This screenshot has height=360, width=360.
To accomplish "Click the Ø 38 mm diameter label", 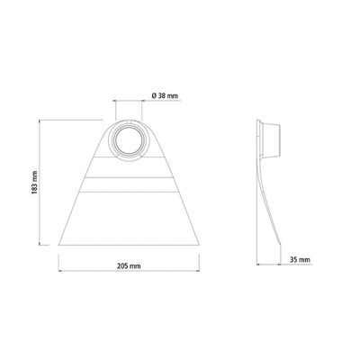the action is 165,96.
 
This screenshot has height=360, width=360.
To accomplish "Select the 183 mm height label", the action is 34,183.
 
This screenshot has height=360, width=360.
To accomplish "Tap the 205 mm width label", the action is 129,265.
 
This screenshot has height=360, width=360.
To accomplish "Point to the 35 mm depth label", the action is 300,260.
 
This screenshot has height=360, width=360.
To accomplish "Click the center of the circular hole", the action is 129,140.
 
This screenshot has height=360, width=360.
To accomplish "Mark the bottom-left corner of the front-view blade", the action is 58,245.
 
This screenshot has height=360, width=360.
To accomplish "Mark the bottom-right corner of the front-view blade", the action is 199,245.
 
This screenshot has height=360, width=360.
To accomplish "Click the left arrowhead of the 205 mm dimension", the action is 59,271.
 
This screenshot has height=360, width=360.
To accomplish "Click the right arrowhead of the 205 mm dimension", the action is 198,271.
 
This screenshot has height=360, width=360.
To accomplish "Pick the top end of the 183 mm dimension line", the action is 40,120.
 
